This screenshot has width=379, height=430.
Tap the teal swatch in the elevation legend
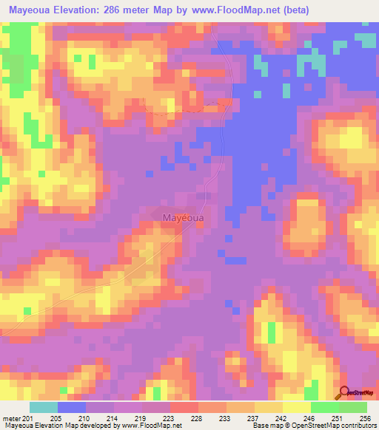point(44,407)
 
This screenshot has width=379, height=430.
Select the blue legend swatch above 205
point(72,407)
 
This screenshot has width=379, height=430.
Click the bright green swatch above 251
point(325,407)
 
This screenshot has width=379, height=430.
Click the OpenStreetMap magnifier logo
point(344,393)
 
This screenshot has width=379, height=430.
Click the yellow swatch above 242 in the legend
point(268,407)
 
